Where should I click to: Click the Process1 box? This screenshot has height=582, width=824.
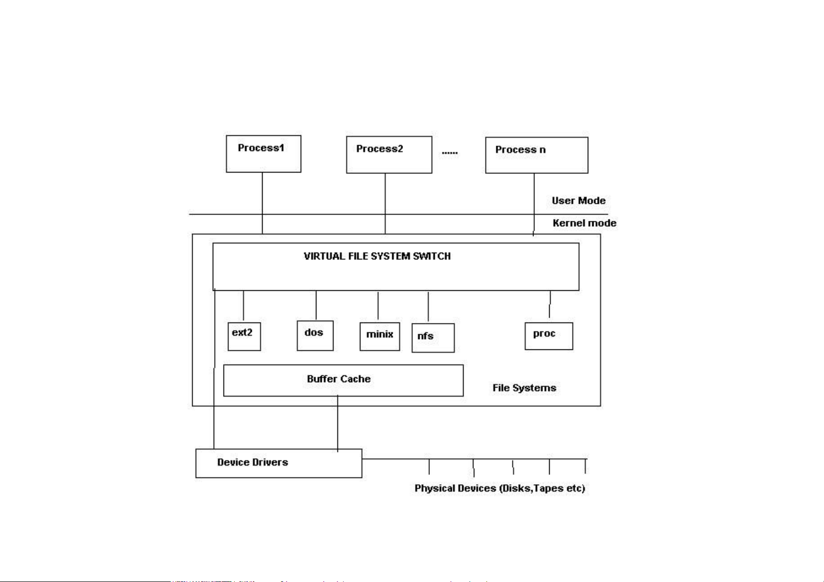click(263, 154)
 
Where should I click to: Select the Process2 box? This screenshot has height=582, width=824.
click(389, 155)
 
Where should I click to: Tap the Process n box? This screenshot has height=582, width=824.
click(536, 155)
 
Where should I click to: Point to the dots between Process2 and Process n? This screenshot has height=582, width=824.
click(449, 153)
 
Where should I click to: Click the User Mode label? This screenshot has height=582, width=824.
click(579, 200)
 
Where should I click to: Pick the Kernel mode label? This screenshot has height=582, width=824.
click(584, 223)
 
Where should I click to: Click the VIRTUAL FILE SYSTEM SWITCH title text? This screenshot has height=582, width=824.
click(377, 256)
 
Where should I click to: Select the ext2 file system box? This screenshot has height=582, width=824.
click(244, 336)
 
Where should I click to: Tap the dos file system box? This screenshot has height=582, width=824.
click(315, 335)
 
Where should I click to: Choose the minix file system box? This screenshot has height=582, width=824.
click(379, 336)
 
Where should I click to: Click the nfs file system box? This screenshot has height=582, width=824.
click(433, 338)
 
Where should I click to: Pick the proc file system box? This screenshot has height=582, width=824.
click(549, 336)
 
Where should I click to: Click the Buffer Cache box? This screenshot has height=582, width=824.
click(343, 380)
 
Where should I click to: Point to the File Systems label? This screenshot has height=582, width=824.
click(524, 388)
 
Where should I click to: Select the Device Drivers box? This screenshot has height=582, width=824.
click(278, 463)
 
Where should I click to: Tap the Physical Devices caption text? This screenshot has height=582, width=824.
click(500, 488)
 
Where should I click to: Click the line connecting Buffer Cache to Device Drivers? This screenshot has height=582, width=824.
click(337, 423)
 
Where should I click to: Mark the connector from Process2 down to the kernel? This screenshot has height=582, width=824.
click(385, 203)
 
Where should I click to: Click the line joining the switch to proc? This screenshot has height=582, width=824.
click(550, 304)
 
